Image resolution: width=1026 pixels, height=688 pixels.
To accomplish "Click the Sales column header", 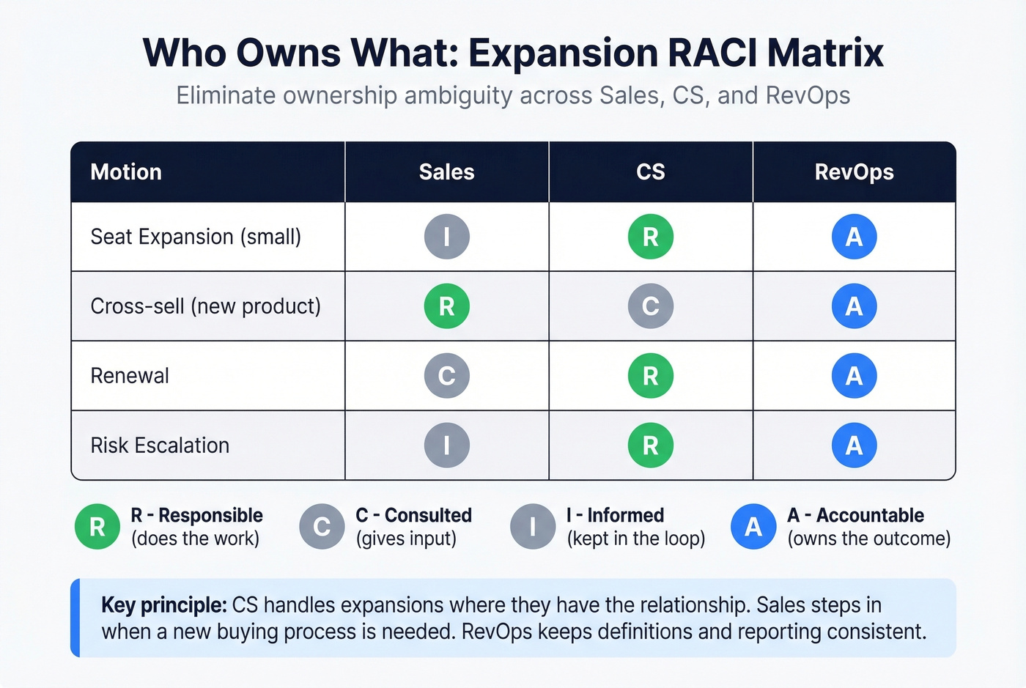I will [446, 172].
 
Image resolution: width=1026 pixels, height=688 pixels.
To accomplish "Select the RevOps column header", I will [854, 172].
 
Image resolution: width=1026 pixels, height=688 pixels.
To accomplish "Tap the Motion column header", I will [126, 172].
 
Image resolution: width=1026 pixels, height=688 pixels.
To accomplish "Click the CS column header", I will [650, 172].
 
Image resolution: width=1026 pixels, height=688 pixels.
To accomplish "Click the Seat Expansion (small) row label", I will [196, 237].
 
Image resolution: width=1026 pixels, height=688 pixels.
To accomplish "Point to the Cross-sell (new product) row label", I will [205, 306].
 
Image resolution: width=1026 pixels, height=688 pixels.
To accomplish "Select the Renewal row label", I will [130, 376].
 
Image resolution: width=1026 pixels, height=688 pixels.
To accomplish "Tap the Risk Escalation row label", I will [160, 445].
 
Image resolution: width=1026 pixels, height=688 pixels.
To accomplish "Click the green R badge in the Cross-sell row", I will [446, 306].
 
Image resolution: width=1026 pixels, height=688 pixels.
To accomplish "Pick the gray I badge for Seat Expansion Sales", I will [446, 237].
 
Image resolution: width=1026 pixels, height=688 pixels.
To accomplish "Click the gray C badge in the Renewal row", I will [446, 376].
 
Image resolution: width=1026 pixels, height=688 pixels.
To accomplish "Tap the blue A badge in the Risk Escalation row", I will [854, 445].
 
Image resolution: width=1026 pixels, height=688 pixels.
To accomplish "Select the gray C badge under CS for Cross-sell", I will [650, 306].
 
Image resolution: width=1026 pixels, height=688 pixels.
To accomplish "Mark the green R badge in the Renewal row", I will [650, 376].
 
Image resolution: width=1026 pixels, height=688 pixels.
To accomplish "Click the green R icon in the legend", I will [97, 527].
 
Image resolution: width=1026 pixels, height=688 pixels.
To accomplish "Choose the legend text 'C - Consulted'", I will [413, 515].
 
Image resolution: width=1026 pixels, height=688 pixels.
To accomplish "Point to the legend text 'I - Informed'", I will [615, 515].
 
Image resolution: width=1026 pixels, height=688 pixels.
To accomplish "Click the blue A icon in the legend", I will [753, 527].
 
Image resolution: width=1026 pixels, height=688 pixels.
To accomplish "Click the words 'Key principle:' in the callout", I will [163, 605].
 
